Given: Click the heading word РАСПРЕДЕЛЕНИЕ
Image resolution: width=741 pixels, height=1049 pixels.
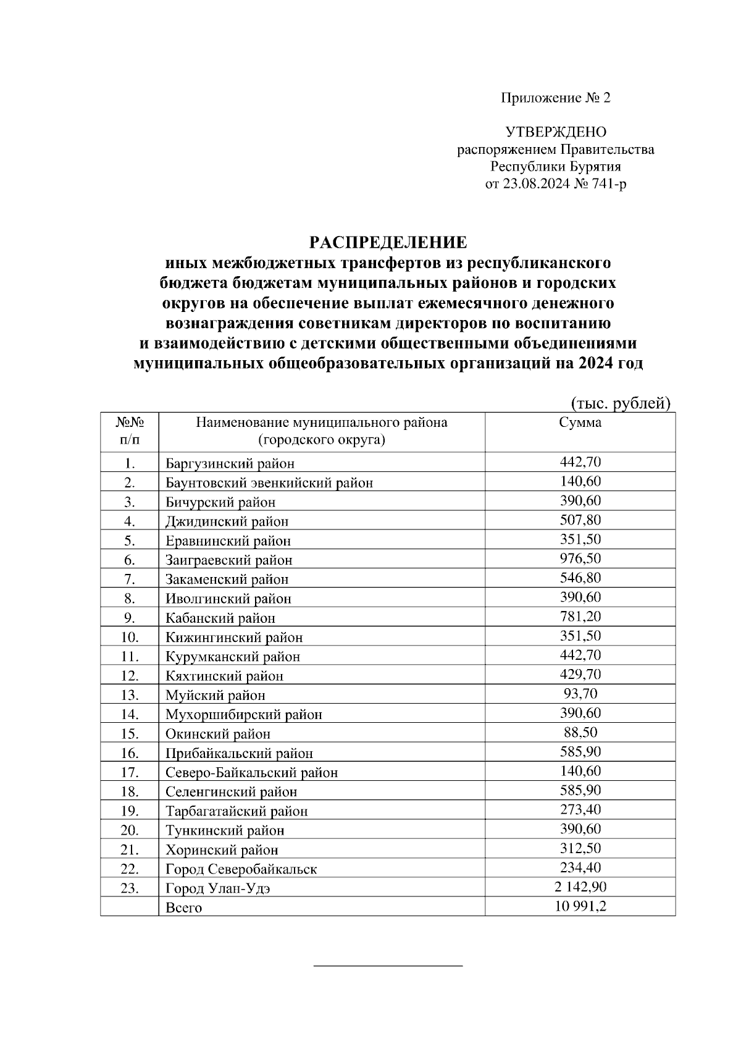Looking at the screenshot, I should click(388, 242).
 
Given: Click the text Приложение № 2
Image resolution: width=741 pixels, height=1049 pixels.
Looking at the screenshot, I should click(555, 98).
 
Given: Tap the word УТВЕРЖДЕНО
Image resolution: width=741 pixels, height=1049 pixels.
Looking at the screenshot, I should click(556, 132).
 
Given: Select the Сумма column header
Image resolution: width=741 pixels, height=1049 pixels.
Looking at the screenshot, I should click(580, 423).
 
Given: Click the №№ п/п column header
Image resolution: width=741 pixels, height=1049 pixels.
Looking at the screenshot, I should click(130, 431).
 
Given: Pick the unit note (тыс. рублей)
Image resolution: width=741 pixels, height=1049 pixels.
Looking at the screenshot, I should click(619, 403).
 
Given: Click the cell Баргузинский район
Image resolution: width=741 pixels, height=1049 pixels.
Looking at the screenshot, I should click(230, 463).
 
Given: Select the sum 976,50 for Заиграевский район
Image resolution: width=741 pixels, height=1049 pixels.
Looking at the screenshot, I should click(580, 558).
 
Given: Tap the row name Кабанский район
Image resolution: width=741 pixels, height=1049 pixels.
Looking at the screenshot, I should click(220, 618).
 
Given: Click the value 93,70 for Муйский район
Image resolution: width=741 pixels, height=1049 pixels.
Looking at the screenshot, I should click(580, 694).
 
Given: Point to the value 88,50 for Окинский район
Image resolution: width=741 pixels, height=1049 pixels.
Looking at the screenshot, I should click(580, 732).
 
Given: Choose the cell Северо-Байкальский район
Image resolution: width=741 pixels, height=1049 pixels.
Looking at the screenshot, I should click(251, 772).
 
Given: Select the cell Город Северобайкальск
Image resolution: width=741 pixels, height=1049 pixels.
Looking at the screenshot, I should click(241, 869).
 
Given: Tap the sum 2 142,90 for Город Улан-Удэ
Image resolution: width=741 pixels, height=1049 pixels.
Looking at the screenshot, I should click(580, 887).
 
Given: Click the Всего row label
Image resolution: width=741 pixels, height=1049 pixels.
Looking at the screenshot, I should click(183, 908).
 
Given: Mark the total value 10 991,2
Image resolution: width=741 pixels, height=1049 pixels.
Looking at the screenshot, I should click(580, 906).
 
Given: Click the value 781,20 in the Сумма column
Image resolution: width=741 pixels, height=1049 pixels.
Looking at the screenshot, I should click(580, 617).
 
